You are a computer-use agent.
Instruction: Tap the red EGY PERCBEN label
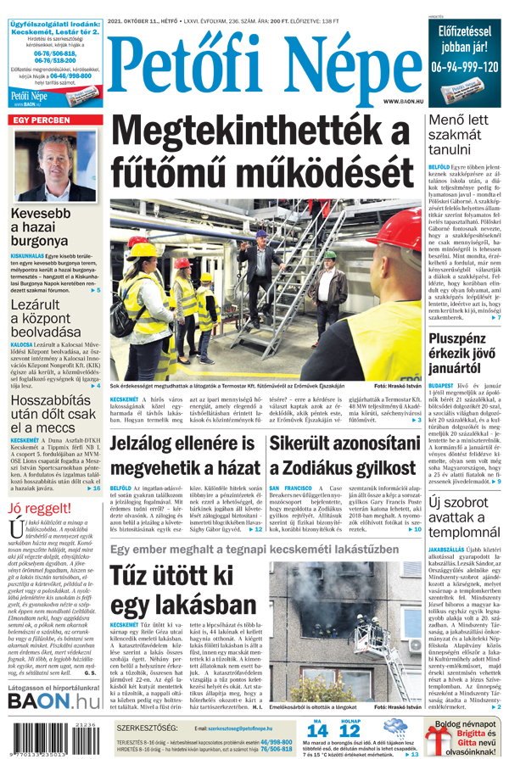[x=41, y=121]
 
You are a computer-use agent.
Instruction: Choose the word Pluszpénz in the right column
[x=461, y=341]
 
